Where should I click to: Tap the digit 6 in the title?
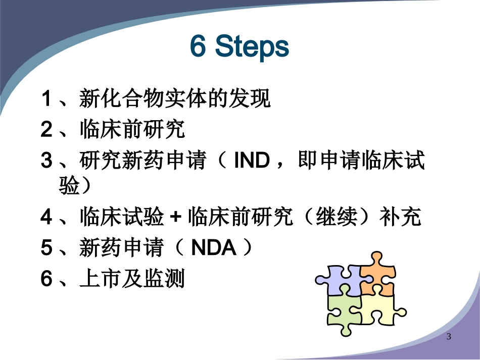198,47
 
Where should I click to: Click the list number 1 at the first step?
46,99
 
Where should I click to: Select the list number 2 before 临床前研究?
46,130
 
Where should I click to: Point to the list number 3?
46,162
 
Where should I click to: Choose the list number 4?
46,218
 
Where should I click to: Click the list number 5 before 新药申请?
46,248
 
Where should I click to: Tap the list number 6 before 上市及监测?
46,279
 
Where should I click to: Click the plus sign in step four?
175,219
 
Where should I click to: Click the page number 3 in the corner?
449,337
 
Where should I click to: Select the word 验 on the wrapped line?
69,187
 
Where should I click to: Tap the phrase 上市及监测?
132,279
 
